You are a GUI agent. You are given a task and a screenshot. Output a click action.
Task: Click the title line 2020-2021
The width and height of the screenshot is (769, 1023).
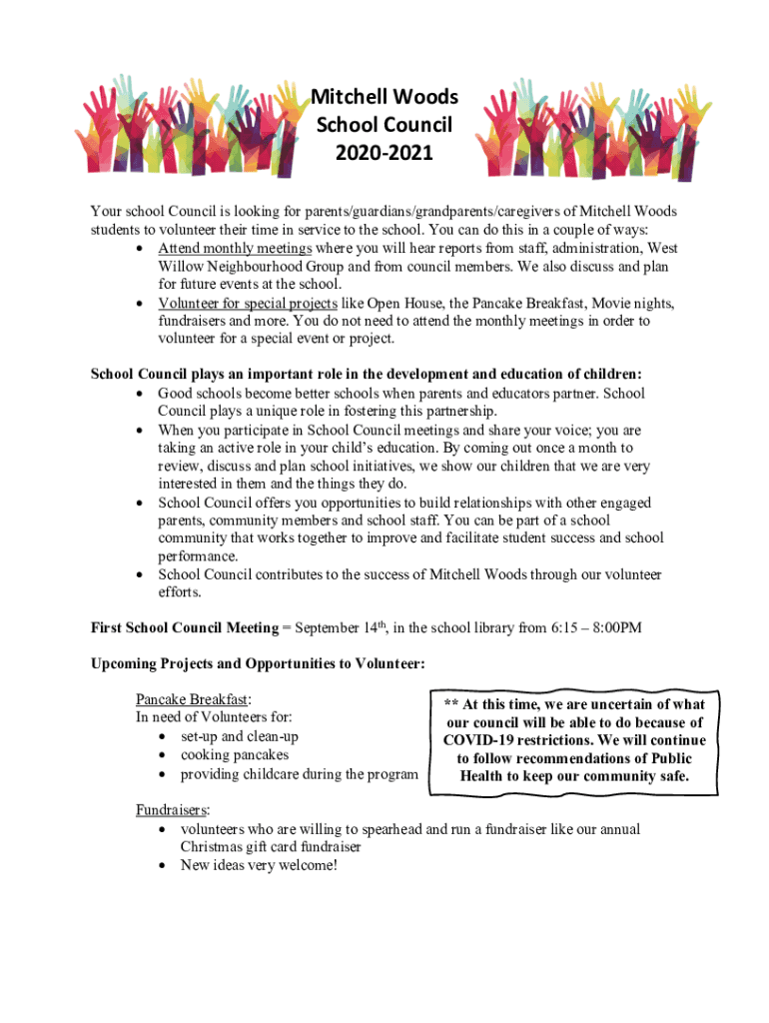point(384,153)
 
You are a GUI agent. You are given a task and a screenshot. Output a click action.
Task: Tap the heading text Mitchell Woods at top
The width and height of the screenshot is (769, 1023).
point(384,97)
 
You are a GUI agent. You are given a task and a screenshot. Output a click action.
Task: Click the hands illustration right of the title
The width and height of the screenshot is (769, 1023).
point(579,129)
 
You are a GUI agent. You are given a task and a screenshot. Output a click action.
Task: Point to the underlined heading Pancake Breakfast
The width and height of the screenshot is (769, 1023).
point(193,698)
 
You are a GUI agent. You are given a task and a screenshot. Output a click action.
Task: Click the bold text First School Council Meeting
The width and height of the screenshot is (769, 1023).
point(185,626)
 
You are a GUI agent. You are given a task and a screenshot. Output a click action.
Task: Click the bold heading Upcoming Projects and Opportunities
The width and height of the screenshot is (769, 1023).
point(259,662)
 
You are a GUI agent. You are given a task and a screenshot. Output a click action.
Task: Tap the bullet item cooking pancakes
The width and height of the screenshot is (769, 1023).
point(234,754)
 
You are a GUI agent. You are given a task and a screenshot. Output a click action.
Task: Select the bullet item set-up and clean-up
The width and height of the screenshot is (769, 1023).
point(239,736)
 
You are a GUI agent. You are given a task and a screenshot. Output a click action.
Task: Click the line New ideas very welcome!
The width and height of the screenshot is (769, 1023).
point(259,864)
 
